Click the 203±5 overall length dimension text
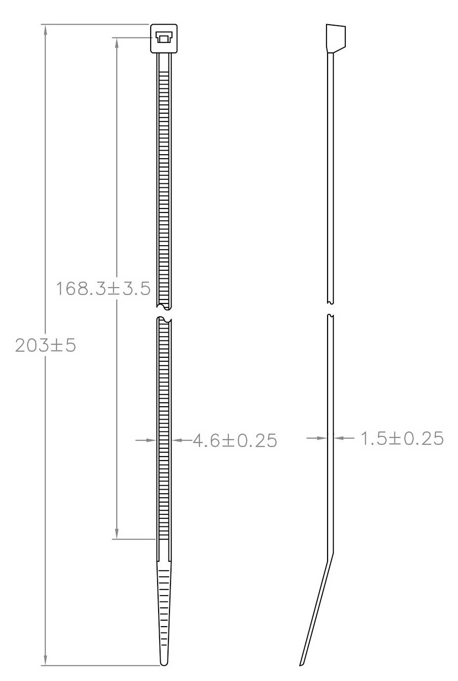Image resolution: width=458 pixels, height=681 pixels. (45, 345)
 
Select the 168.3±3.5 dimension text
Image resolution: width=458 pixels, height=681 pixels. (103, 288)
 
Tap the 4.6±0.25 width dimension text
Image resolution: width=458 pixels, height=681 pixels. (234, 440)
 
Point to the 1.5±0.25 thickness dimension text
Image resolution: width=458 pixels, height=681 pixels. (402, 438)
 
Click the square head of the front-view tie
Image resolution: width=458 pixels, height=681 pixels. (163, 39)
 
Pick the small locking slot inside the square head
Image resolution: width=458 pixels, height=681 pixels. (163, 37)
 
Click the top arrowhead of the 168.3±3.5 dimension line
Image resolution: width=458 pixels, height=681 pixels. (117, 43)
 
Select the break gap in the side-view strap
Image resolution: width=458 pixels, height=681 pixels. (331, 309)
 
